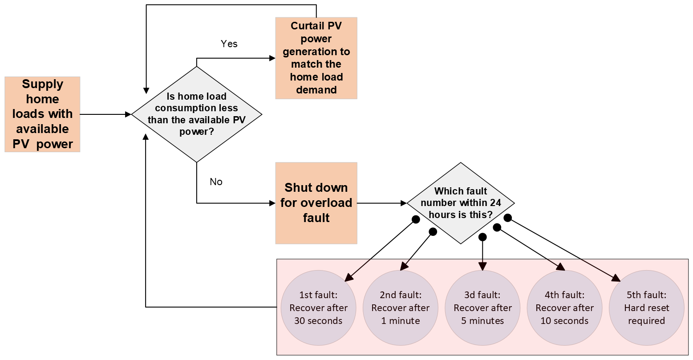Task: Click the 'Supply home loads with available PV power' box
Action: coord(42,114)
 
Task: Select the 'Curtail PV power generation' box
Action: coord(316,58)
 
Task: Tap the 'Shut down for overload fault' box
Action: coord(316,203)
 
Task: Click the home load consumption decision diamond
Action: coord(196,114)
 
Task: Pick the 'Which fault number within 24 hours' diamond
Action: coord(461,203)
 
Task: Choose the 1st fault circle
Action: coord(318,307)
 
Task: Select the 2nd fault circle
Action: coord(400,307)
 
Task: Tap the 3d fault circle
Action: coord(482,307)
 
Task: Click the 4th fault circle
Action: coord(564,307)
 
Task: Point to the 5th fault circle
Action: coord(646,307)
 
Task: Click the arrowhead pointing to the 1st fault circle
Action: coord(349,278)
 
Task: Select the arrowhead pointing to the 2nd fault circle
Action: coord(403,267)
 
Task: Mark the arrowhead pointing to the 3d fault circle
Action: coord(483,267)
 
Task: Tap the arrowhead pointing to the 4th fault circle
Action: coord(561,267)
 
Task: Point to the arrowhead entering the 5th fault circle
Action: coord(616,278)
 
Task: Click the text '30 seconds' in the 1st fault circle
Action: coord(318,321)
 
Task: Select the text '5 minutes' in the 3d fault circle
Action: coord(482,321)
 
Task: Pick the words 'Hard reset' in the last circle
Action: coord(646,308)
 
